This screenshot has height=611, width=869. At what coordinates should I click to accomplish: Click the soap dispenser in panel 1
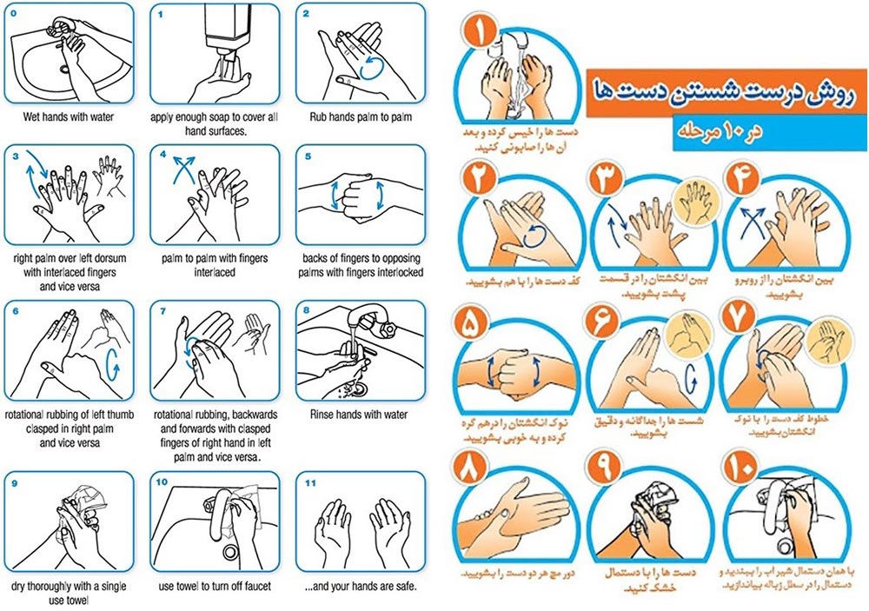click(225, 29)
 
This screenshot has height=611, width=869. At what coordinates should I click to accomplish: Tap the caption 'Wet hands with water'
click(68, 117)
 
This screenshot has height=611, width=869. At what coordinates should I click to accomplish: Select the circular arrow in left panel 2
click(371, 67)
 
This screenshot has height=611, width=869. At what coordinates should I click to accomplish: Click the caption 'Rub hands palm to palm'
click(361, 117)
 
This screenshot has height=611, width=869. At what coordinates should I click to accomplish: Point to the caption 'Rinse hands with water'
click(359, 415)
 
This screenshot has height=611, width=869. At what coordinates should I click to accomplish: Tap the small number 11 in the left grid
click(310, 483)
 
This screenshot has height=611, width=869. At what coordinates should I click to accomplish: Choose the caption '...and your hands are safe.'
click(361, 586)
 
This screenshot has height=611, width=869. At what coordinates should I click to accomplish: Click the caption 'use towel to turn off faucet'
click(215, 586)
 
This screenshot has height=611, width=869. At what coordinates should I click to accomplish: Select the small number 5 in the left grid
click(308, 156)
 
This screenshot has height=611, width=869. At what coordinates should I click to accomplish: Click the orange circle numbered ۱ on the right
click(480, 30)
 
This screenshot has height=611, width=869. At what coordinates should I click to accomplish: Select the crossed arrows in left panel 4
click(184, 169)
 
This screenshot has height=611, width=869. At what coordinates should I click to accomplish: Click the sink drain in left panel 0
click(65, 70)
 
